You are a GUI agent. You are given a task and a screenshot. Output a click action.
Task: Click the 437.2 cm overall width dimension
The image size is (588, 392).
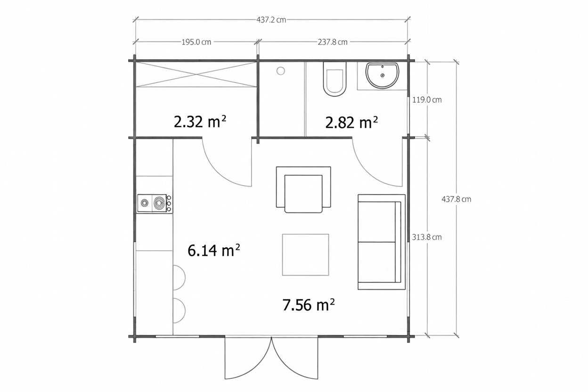[x=271, y=20]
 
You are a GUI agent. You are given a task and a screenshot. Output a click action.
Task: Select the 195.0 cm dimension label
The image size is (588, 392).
[x=196, y=42]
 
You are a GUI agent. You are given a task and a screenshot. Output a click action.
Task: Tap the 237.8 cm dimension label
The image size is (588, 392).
[x=333, y=42]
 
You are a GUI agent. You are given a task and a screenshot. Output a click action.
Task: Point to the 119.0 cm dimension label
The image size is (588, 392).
[x=427, y=100]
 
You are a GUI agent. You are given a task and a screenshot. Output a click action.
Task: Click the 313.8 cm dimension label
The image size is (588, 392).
[x=427, y=237]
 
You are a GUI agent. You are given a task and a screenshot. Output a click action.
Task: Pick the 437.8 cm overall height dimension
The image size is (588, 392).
[x=456, y=199]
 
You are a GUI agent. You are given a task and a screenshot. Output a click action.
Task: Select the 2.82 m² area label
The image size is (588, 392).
[x=351, y=122]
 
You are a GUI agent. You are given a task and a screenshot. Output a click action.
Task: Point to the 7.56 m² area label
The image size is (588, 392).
[x=309, y=305]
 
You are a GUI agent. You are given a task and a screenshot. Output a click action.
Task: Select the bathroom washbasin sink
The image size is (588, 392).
[x=383, y=75]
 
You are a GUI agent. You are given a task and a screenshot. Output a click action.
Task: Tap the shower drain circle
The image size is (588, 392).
[x=281, y=71]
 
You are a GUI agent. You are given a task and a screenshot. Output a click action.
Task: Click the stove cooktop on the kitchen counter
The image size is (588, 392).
[x=155, y=204]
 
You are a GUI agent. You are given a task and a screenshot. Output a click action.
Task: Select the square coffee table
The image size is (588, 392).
[x=305, y=254]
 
